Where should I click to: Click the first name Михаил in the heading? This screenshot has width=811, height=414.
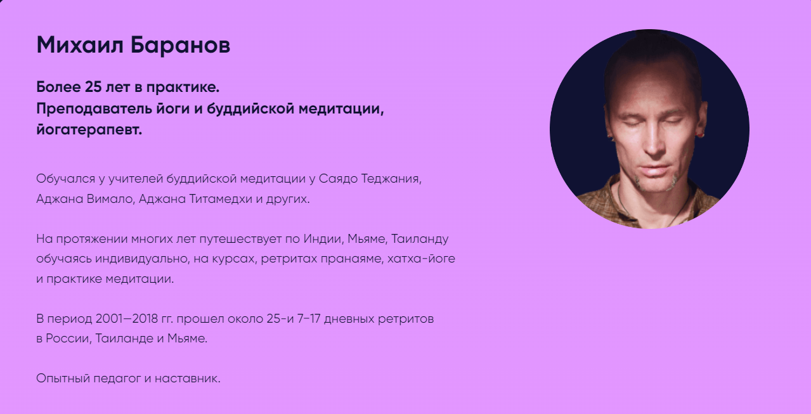pos(79,45)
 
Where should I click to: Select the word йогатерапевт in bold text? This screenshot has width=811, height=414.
pos(88,131)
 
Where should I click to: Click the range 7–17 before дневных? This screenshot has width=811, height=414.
pos(311,318)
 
